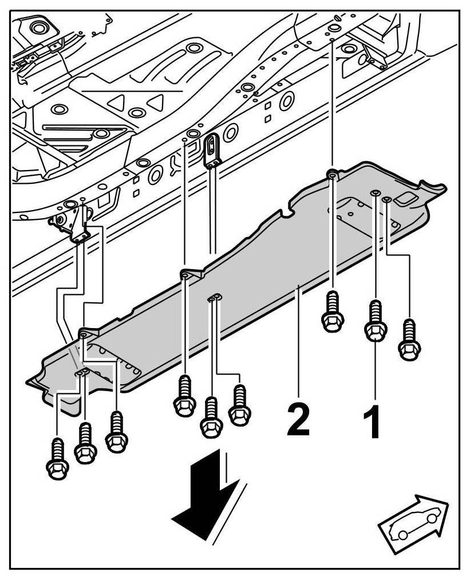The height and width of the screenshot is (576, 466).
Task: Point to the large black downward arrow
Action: (x=204, y=492)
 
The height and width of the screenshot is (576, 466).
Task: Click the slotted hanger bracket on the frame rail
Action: (x=214, y=150)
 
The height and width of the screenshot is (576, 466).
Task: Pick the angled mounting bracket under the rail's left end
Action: (x=74, y=223)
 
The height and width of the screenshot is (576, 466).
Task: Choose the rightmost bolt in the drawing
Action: (x=409, y=340)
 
